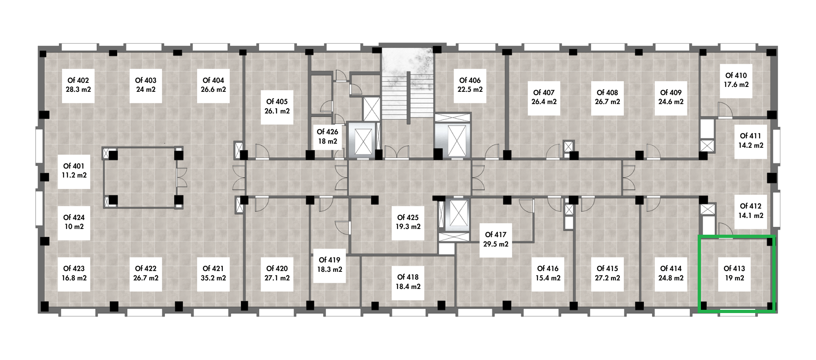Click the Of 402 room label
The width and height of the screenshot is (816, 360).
click(x=78, y=80)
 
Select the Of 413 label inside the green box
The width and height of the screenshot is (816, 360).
click(x=734, y=269)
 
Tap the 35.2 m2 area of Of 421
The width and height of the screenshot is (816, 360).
click(x=213, y=278)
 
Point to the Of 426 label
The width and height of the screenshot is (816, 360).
click(x=327, y=132)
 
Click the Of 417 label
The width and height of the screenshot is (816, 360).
click(x=495, y=235)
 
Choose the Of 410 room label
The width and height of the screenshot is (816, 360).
click(x=736, y=76)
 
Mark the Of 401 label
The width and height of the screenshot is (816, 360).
click(x=73, y=166)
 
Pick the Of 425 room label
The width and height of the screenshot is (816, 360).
click(x=408, y=218)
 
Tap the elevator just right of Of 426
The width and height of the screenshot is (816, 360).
click(x=363, y=140)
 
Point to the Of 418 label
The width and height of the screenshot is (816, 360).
click(x=408, y=277)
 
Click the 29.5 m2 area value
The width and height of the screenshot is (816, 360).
click(x=496, y=244)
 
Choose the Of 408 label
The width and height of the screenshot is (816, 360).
click(x=607, y=93)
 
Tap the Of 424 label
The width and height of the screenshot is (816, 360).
click(x=74, y=218)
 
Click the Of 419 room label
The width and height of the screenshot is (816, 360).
click(x=329, y=260)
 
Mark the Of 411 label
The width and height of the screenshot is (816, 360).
click(x=751, y=136)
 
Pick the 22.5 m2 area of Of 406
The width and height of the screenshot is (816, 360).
click(x=470, y=89)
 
